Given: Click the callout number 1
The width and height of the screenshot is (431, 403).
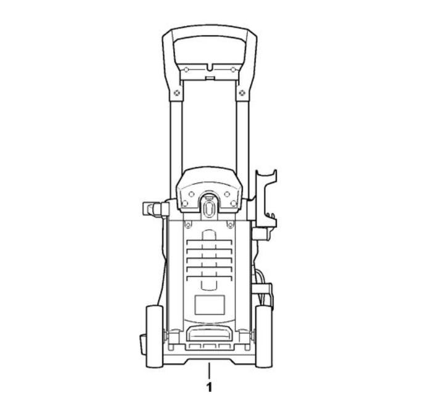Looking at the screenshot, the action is [210, 388].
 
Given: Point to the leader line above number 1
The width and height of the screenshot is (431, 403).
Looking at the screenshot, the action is [210, 370].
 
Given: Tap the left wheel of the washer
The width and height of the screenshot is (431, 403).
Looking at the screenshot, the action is [154, 336].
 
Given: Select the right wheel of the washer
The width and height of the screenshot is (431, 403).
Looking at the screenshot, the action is [264, 336].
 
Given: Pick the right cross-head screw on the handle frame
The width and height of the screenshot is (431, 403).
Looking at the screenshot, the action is [242, 93].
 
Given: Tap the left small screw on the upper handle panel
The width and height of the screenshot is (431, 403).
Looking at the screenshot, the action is [186, 70].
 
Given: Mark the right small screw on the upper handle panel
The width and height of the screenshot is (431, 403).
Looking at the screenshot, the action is [233, 70].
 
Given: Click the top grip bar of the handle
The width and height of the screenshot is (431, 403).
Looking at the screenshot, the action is [210, 32].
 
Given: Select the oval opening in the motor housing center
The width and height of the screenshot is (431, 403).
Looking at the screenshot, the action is [209, 208].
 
